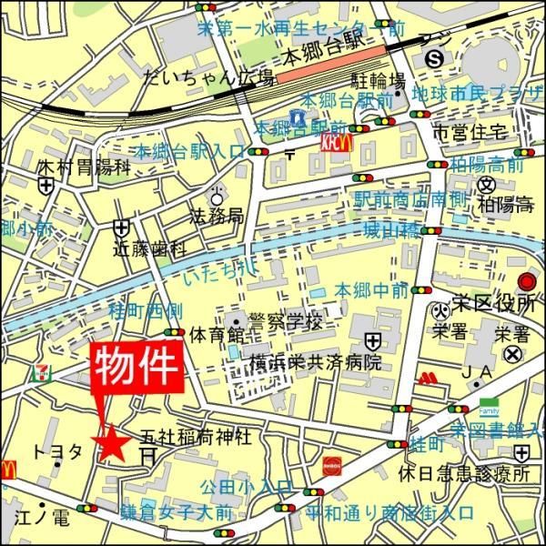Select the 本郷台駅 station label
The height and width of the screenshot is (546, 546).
point(325,57)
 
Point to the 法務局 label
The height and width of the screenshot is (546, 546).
point(216,217)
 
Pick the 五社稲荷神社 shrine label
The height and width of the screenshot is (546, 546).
point(195,437)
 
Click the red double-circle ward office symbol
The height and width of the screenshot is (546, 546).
point(527,282)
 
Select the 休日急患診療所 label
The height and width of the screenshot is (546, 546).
point(463,475)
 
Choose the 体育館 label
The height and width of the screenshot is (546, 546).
point(213,335)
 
